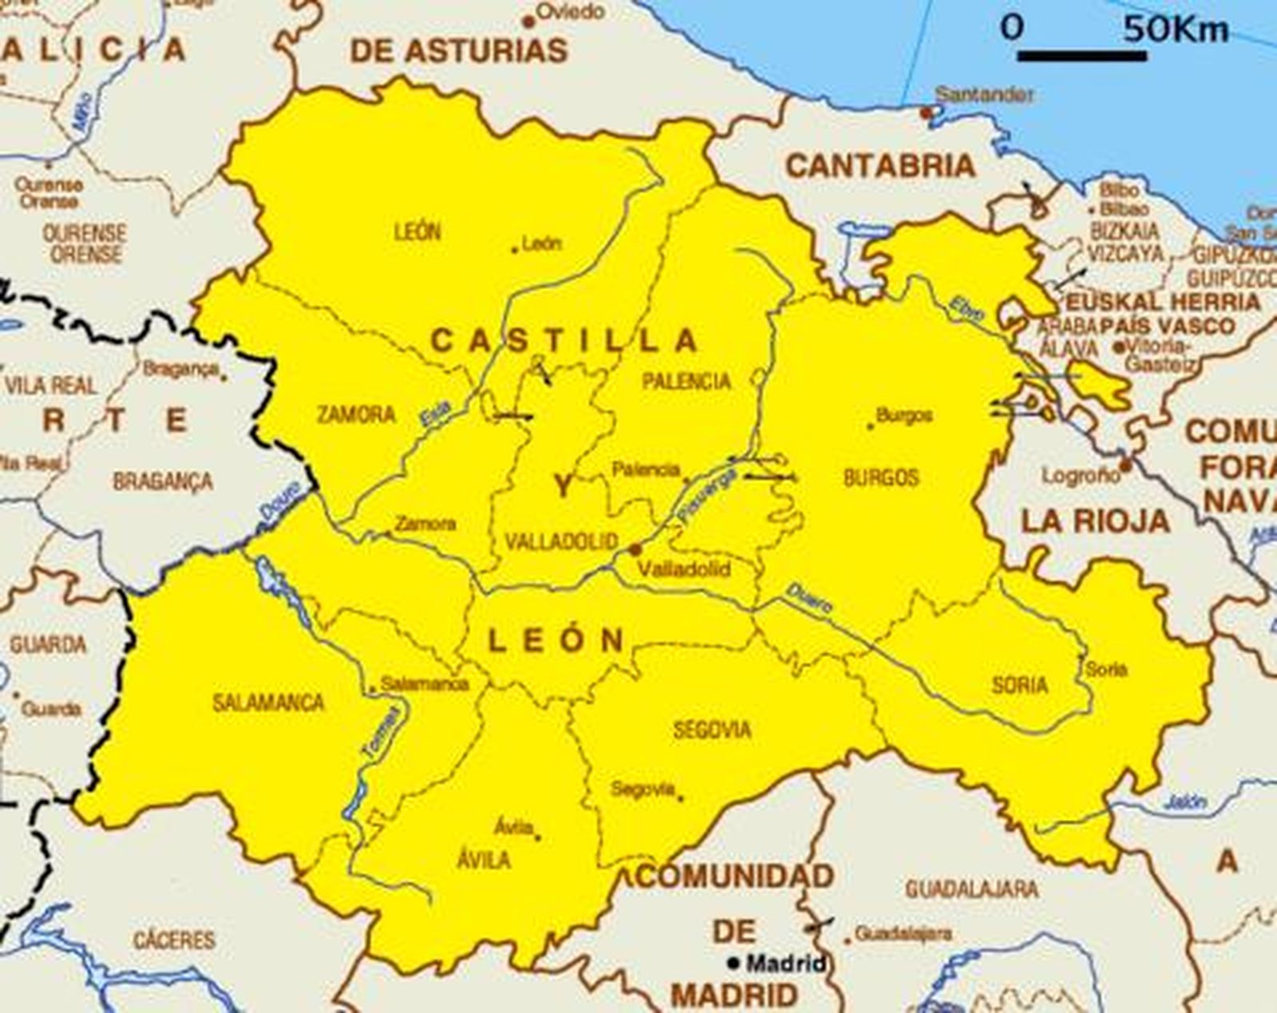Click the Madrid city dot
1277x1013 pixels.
pos(733,964)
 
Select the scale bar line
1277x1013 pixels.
pos(1081,56)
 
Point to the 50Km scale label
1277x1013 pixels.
pos(1176,30)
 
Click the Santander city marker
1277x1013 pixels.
pos(926,113)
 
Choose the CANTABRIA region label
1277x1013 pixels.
pos(880,166)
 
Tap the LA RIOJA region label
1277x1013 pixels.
pos(1095,521)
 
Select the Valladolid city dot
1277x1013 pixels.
pos(635,549)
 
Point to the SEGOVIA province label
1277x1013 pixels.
pos(712,730)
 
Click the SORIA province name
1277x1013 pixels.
pos(1019,685)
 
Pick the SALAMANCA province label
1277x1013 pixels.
pos(268,702)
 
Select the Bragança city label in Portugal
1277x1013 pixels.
pos(180,369)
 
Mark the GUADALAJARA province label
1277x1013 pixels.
pos(971,888)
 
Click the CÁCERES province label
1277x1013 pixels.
pos(174,940)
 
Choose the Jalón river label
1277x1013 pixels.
pos(1184,801)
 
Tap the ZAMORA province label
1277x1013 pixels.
pos(356,414)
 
